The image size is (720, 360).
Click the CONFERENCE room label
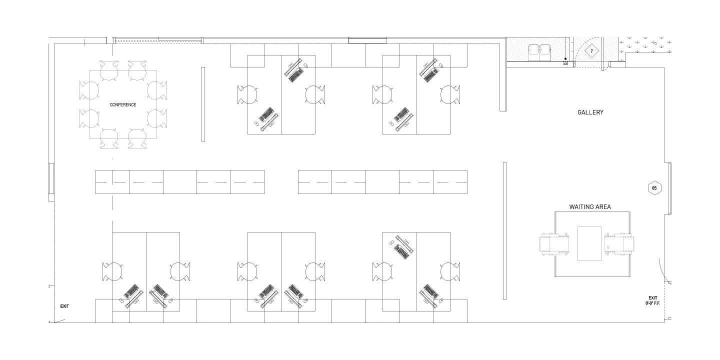122,105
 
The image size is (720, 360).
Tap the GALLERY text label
590,112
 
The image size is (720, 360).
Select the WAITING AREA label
590,206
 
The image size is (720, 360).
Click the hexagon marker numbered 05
654,188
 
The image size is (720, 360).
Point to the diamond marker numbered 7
591,51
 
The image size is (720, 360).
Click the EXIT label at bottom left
64,306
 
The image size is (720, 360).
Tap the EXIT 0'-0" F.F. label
653,300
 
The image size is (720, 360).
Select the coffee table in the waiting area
589,243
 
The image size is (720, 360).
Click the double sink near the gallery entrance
539,51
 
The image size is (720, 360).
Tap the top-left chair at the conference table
108,70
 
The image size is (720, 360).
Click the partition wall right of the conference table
203,104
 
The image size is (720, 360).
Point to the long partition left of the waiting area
504,230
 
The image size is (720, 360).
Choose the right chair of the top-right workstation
449,94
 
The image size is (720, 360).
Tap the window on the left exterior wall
50,178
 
